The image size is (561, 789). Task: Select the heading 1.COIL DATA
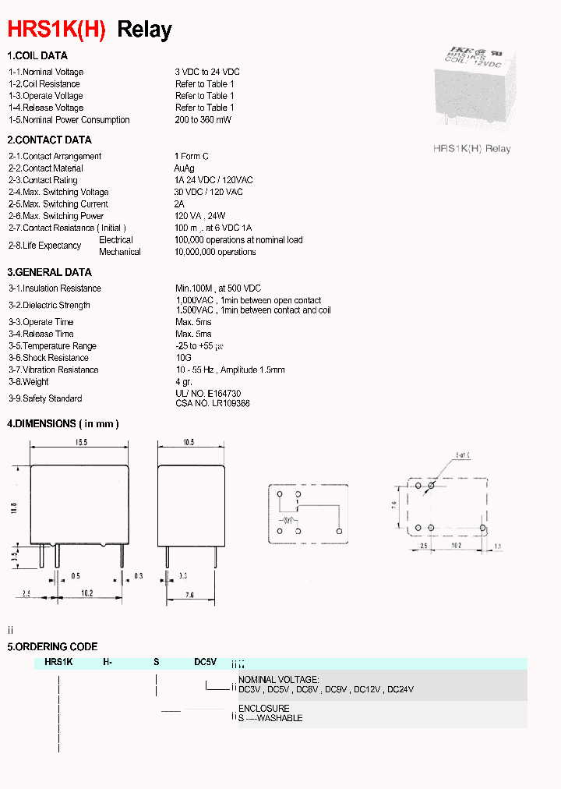point(37,56)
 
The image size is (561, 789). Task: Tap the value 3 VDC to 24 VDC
point(207,73)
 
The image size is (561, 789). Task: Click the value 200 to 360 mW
point(203,120)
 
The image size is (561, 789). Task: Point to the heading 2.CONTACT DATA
point(49,140)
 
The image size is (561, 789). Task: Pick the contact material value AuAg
point(185,168)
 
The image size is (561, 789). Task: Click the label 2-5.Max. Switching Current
point(58,204)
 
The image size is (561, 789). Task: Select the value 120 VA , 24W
point(200,216)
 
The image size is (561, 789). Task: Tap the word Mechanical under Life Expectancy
point(120,252)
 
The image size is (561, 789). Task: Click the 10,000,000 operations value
point(215,252)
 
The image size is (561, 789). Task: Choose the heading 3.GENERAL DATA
point(49,273)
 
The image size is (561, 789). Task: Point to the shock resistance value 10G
point(183,358)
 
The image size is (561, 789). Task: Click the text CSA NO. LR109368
point(212,404)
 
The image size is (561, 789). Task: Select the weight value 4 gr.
point(184,382)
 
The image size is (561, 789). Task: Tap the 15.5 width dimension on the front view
point(80,443)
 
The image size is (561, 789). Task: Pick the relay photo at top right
point(472,88)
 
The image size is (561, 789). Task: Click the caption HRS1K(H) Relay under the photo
point(471,148)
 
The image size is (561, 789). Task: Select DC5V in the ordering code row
point(205,662)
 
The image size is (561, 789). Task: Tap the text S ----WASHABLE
point(270,718)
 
